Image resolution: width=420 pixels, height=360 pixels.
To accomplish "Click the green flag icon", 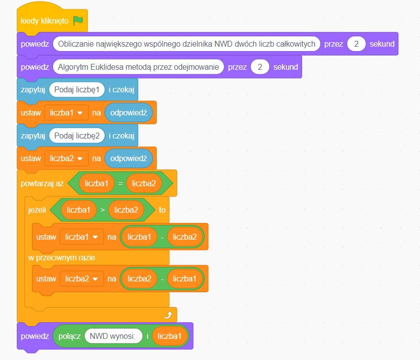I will click(78, 21).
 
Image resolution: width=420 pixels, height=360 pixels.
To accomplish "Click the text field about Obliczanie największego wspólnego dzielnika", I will click(187, 44).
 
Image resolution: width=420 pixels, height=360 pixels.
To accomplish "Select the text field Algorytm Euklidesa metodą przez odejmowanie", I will click(138, 67).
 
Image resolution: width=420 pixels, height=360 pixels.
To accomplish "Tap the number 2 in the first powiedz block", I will click(356, 44).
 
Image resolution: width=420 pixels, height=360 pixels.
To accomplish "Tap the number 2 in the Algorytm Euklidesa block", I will click(260, 67).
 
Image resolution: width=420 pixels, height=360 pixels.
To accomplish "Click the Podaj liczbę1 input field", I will click(77, 89).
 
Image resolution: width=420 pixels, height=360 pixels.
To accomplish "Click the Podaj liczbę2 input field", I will click(77, 135).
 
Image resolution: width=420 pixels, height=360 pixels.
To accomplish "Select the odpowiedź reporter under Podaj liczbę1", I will click(129, 112).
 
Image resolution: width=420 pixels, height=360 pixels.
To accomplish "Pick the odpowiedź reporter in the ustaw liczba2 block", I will click(129, 158).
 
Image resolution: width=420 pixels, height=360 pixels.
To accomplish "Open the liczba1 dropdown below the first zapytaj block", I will click(66, 112).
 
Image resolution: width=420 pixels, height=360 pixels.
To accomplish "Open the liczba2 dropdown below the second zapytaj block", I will click(66, 158).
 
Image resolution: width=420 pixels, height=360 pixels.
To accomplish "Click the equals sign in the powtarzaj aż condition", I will click(120, 183).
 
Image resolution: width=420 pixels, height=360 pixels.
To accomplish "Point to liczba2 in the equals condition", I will click(143, 183).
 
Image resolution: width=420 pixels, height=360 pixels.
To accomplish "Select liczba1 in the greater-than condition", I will click(79, 210).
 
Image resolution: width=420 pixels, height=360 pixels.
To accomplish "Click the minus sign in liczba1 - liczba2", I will click(162, 237).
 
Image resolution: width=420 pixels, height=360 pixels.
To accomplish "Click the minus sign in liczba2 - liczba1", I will click(162, 279).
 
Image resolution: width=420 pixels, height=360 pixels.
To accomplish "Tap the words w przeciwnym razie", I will click(61, 257).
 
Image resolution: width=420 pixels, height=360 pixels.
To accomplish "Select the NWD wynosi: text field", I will click(113, 336).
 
